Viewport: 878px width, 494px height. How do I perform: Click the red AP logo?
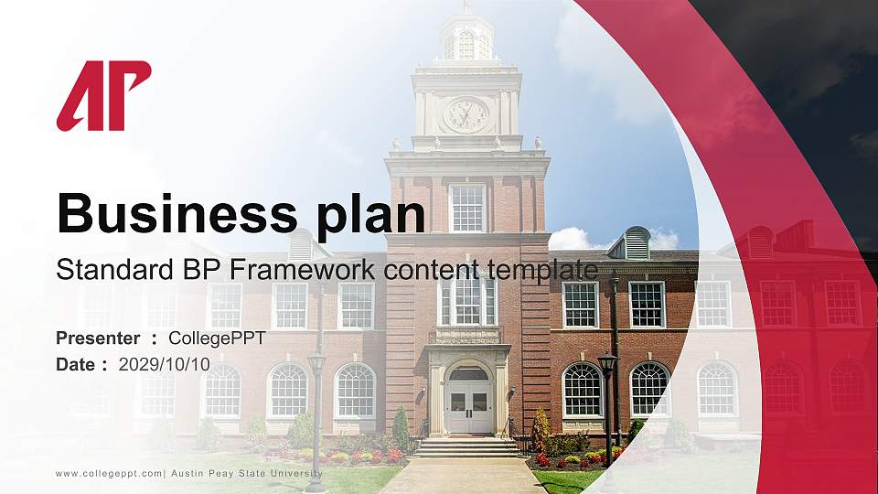(103, 95)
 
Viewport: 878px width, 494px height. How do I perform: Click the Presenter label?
(98, 338)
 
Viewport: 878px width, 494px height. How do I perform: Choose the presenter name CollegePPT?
(217, 338)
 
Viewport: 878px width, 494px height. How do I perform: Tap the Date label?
(76, 364)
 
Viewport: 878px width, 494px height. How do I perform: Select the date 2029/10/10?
(164, 364)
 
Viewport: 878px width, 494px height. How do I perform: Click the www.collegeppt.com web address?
(108, 473)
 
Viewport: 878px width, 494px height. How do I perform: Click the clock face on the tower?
(466, 115)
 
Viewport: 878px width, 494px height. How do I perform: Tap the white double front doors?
(467, 406)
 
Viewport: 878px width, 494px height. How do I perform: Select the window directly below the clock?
(467, 208)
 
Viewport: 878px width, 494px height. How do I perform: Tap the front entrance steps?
(467, 447)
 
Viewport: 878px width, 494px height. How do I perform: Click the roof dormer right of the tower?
(637, 244)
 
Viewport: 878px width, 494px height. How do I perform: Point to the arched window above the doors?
(468, 373)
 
